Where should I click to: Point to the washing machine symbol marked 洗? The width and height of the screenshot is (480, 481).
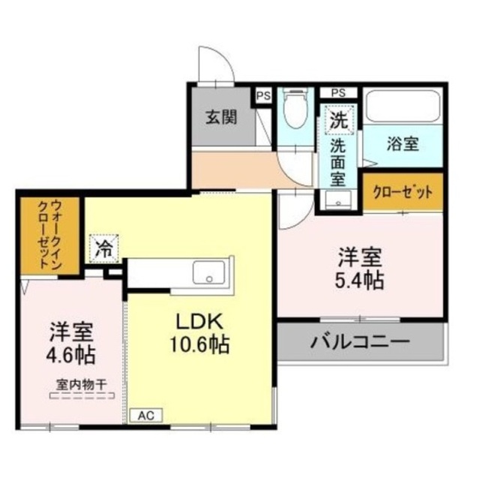point(339,119)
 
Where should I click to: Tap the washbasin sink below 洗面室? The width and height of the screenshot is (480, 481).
point(339,200)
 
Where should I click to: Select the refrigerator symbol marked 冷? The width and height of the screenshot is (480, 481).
point(104,248)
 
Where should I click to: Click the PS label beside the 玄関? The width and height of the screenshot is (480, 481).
point(262,95)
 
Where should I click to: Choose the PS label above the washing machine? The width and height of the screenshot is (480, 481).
point(339,92)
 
